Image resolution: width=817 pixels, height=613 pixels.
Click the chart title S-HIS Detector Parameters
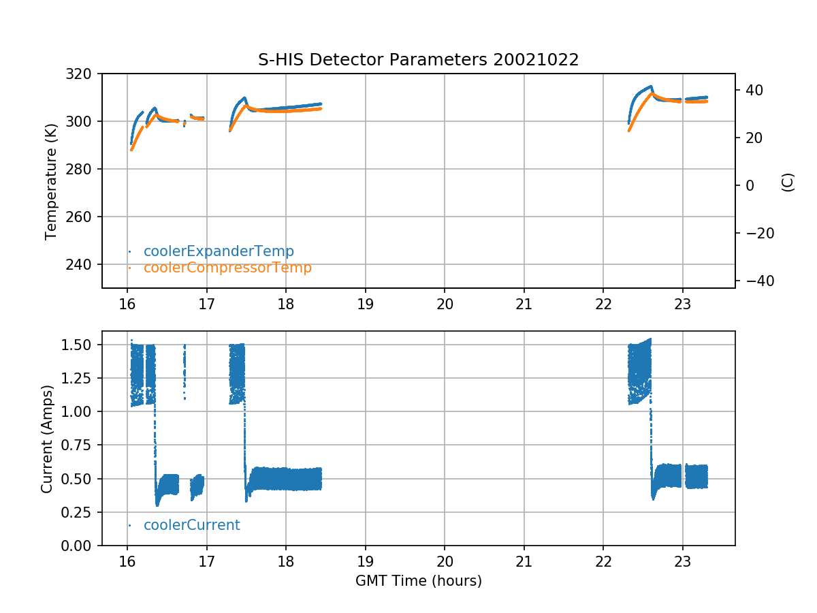pyautogui.click(x=418, y=60)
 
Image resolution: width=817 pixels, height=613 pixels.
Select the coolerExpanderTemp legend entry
pyautogui.click(x=219, y=251)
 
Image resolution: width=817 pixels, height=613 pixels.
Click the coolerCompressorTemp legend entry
pyautogui.click(x=227, y=268)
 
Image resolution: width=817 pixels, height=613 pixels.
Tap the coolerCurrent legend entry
pyautogui.click(x=191, y=525)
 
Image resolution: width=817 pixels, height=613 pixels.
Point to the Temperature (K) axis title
pyautogui.click(x=50, y=181)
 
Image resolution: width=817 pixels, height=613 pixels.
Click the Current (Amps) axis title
pyautogui.click(x=46, y=438)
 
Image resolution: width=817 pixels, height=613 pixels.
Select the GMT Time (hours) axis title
pyautogui.click(x=418, y=581)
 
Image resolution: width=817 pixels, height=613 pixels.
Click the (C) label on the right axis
pyautogui.click(x=788, y=182)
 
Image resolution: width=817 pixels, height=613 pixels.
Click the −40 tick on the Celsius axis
pyautogui.click(x=755, y=281)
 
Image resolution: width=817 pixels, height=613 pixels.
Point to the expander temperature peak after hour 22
pyautogui.click(x=651, y=87)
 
